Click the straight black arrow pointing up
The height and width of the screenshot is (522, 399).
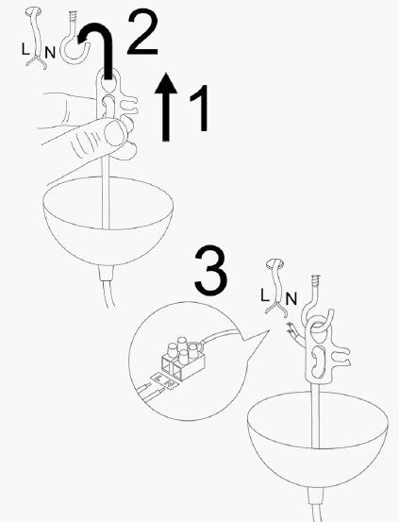pyautogui.click(x=166, y=109)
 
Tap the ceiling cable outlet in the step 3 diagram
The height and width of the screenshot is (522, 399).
pyautogui.click(x=275, y=267)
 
